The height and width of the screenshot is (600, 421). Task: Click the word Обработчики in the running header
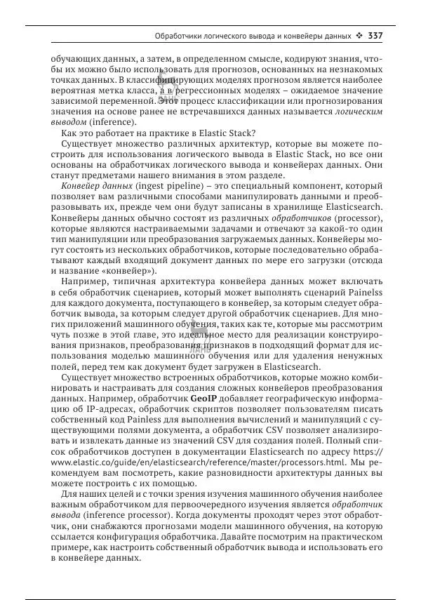180,35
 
